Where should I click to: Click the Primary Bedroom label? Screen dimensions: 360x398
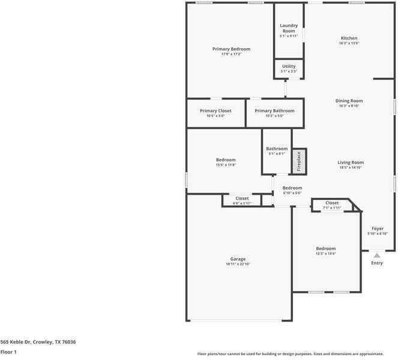coord(231,49)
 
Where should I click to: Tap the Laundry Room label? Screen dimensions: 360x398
coord(289,28)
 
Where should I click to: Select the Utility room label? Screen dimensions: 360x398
coord(289,66)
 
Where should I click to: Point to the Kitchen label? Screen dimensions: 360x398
coord(349,38)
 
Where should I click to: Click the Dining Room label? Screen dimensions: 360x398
coord(349,101)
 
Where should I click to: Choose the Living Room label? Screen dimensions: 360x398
coord(351,162)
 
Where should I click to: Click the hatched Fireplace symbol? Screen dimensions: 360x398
coord(299,161)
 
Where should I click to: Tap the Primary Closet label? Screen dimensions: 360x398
coord(216,110)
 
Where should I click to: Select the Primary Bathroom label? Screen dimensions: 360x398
coord(274,110)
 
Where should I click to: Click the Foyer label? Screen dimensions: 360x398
coord(377,228)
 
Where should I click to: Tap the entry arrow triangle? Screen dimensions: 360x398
coord(377,255)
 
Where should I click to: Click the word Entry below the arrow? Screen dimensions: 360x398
coord(377,263)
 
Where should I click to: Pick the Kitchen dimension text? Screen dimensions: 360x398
coord(349,43)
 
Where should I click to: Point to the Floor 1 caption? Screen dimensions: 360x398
coord(8,352)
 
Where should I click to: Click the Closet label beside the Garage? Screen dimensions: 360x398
coord(242,198)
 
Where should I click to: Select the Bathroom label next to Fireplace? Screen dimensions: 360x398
coord(277,148)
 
